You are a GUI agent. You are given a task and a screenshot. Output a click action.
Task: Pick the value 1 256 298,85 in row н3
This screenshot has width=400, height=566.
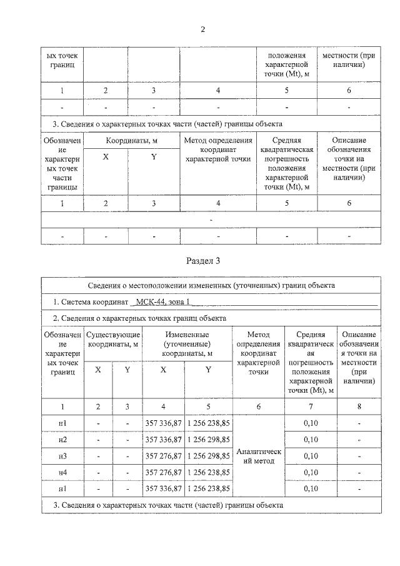tap(209, 455)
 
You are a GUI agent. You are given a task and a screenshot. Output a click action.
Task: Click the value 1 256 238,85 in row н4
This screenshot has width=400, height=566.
tap(209, 472)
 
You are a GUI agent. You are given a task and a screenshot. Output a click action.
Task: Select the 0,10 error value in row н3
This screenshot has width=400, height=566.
tap(310, 455)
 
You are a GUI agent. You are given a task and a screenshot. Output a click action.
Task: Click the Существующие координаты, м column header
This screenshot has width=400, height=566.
tap(112, 340)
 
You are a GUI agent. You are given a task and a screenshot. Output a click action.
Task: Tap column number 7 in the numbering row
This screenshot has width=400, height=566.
tap(310, 407)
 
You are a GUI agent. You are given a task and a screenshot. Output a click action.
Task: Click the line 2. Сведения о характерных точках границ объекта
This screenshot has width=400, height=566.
tap(139, 318)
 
